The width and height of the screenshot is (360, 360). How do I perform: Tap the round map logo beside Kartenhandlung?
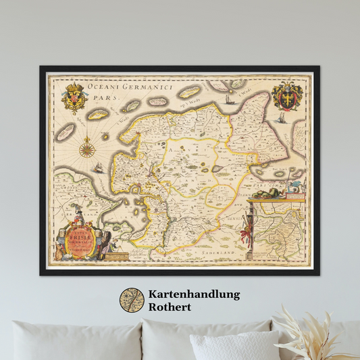tap(132, 301)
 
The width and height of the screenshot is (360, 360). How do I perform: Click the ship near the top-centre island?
tap(228, 100)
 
